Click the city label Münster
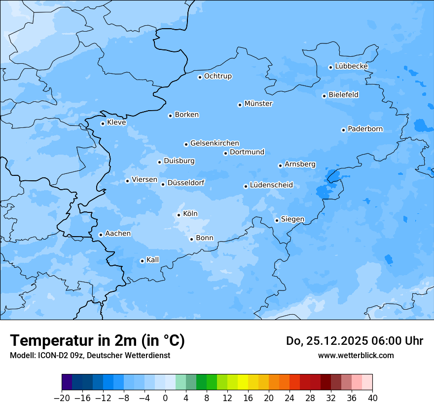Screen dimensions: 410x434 pyautogui.click(x=258, y=104)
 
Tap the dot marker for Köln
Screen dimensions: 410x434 pyautogui.click(x=179, y=215)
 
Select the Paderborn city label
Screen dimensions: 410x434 pyautogui.click(x=365, y=129)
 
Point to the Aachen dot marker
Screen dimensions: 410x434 pyautogui.click(x=101, y=235)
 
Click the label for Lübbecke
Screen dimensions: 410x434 pyautogui.click(x=351, y=66)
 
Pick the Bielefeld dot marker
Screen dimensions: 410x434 pyautogui.click(x=324, y=96)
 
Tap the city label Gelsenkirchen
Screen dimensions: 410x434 pyautogui.click(x=215, y=143)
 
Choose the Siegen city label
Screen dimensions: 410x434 pyautogui.click(x=292, y=219)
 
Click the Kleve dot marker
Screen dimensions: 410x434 pyautogui.click(x=103, y=123)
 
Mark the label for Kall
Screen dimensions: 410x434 pyautogui.click(x=153, y=260)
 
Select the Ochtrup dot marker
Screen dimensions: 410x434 pyautogui.click(x=200, y=77)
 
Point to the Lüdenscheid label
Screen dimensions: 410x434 pyautogui.click(x=271, y=185)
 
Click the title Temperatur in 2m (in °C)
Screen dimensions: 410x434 pyautogui.click(x=97, y=341)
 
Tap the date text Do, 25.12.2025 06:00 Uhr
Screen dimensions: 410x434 pyautogui.click(x=355, y=341)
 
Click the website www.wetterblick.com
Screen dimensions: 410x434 pyautogui.click(x=356, y=355)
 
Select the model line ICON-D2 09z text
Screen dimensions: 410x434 pyautogui.click(x=90, y=355)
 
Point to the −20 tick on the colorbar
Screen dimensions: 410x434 pyautogui.click(x=62, y=398)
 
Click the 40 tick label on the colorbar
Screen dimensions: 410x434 pyautogui.click(x=372, y=398)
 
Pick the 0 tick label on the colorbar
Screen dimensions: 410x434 pyautogui.click(x=165, y=398)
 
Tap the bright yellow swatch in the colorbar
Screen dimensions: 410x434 pyautogui.click(x=243, y=382)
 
